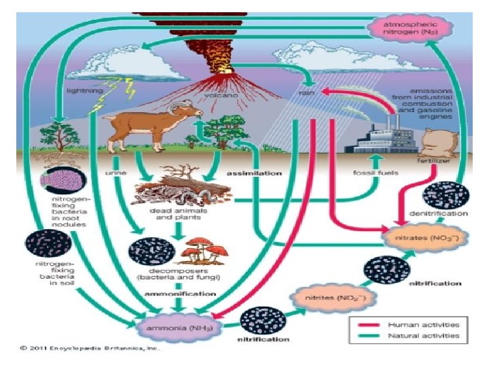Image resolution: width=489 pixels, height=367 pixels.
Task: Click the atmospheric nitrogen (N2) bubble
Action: [x=405, y=29]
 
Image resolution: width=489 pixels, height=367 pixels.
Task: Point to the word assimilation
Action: [x=254, y=173]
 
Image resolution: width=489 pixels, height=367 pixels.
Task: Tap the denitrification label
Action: [x=444, y=214]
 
